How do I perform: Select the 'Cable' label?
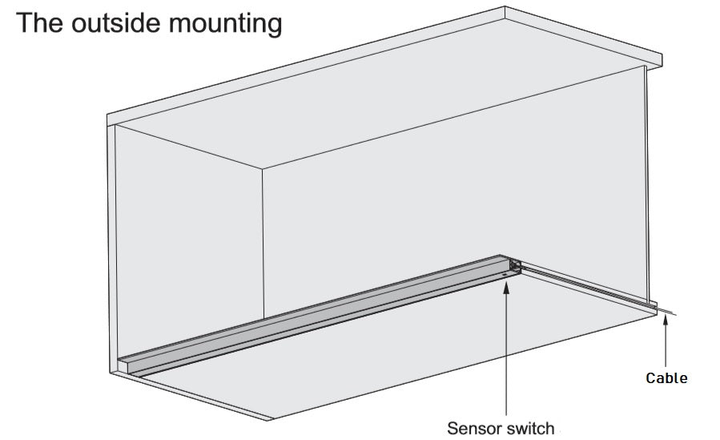pyautogui.click(x=666, y=377)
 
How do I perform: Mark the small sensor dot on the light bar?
pyautogui.click(x=505, y=273)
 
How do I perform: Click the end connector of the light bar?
pyautogui.click(x=514, y=264)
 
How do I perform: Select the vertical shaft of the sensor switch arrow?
pyautogui.click(x=507, y=353)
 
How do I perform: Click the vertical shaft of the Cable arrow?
pyautogui.click(x=666, y=345)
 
